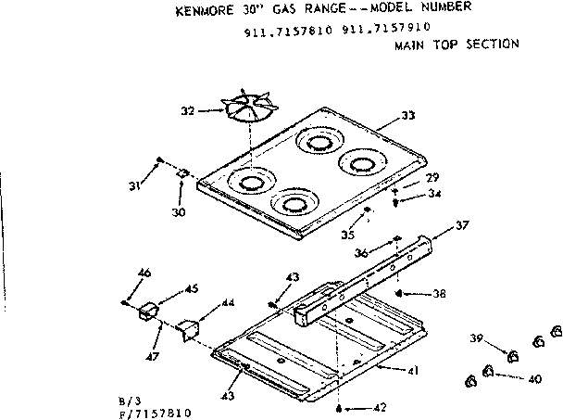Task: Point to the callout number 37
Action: [462, 225]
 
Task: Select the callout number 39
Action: [475, 339]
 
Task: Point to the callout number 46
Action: [143, 272]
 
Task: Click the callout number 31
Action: [135, 185]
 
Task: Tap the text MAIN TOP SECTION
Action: [456, 45]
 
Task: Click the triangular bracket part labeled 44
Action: [189, 328]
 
